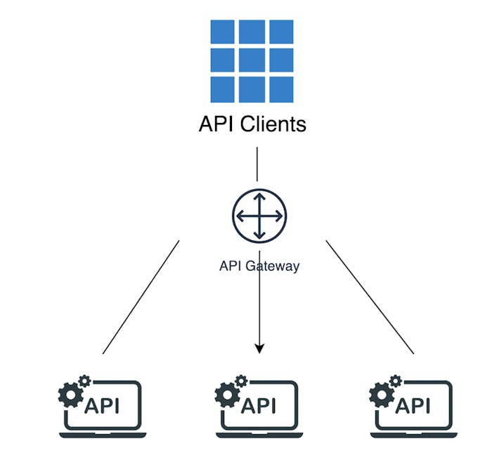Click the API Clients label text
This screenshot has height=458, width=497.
[252, 124]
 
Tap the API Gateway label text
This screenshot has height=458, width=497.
[259, 266]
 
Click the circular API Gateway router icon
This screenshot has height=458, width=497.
[259, 216]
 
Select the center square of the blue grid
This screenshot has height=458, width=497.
[252, 61]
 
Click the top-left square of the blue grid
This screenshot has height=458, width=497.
[224, 33]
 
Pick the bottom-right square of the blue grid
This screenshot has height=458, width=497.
[280, 89]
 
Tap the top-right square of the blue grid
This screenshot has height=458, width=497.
[280, 33]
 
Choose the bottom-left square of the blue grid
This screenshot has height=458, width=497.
[224, 89]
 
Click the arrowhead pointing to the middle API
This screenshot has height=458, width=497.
[259, 348]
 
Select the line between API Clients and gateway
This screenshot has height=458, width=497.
[257, 164]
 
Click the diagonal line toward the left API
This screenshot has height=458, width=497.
[141, 297]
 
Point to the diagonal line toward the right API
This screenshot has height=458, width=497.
[370, 297]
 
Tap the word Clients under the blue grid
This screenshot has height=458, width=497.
[273, 124]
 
